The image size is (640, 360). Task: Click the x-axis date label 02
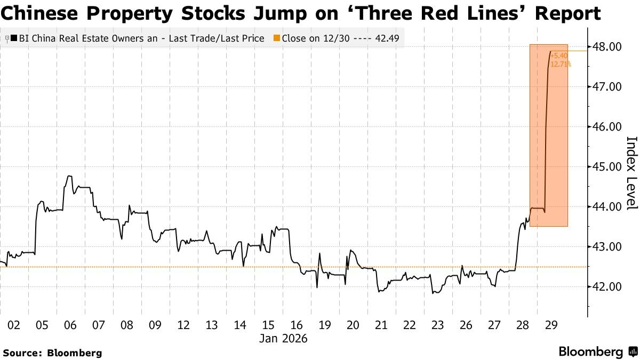coord(14,325)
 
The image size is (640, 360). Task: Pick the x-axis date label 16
coord(297,325)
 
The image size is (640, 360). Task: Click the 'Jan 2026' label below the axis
coord(283,339)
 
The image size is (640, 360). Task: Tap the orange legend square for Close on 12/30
coord(276,38)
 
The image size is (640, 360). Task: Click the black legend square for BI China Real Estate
coord(13,38)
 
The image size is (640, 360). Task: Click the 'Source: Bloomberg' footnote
coord(52,353)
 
